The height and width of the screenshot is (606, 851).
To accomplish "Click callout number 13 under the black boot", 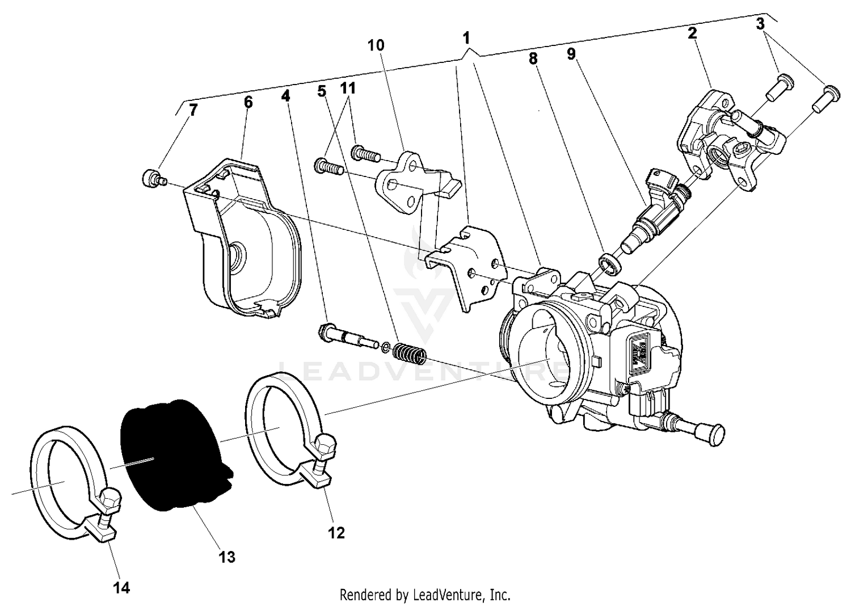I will click(226, 557).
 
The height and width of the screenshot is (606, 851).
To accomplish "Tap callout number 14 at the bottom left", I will click(121, 588).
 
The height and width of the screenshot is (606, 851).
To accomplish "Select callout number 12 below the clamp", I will click(336, 533).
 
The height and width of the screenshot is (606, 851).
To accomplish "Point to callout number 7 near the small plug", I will click(193, 110).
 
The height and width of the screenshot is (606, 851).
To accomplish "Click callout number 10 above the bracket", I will click(376, 45).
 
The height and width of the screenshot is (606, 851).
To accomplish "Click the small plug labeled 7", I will click(150, 179).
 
